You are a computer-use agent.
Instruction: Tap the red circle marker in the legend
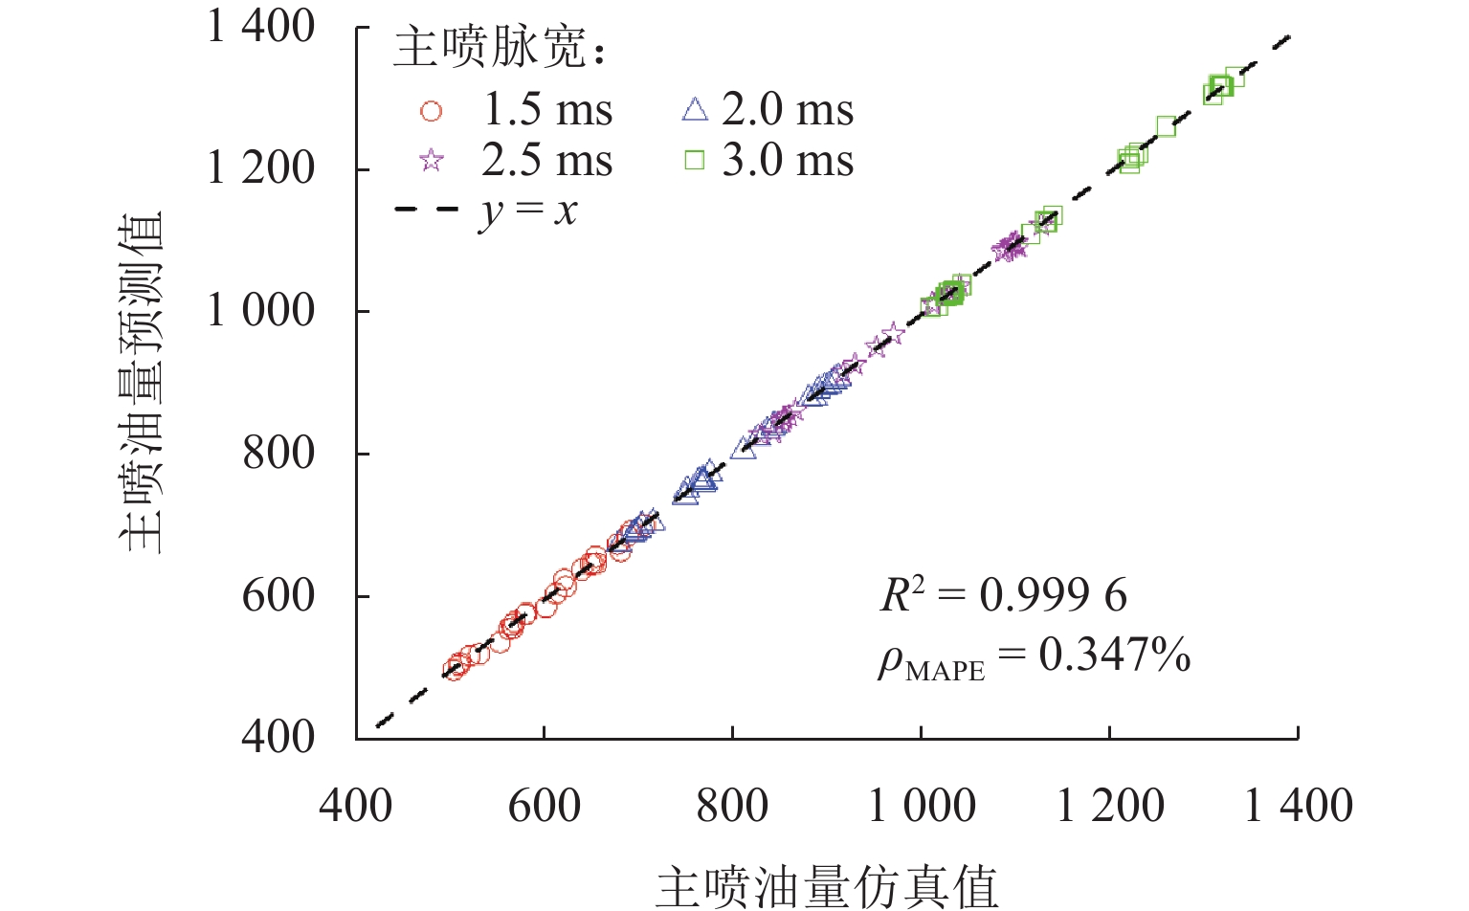tap(432, 112)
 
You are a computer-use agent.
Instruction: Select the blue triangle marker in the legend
tap(695, 110)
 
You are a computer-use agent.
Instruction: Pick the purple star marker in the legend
tap(432, 161)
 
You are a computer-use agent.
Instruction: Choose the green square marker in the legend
tap(695, 161)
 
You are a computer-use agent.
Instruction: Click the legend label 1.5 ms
tap(546, 110)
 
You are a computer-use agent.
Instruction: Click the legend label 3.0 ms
tap(788, 161)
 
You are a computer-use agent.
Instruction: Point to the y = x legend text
tap(527, 211)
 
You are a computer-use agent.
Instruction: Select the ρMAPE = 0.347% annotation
tap(1034, 657)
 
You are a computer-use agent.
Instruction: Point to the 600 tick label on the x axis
tap(544, 806)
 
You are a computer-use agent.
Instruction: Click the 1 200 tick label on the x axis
tap(1110, 806)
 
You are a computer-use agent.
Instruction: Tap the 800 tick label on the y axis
tap(278, 453)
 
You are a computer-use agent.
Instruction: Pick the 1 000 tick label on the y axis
tap(261, 310)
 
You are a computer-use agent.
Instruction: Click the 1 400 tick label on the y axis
tap(261, 27)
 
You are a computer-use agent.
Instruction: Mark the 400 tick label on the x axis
tap(356, 806)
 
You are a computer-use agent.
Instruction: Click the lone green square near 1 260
tap(1166, 126)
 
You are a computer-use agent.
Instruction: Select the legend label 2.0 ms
tap(788, 110)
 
